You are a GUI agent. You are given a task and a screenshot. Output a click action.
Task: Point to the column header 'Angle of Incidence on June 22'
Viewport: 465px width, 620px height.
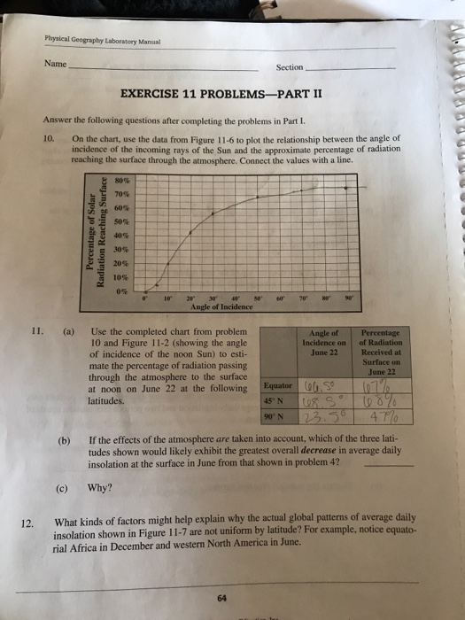[315, 340]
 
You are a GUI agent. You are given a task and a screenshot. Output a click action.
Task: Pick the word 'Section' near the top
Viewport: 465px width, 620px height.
[289, 67]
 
